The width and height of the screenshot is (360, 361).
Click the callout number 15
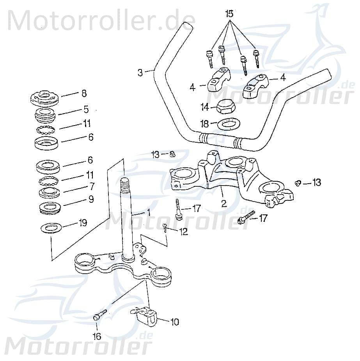[x=229, y=14]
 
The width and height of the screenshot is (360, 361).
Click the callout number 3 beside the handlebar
[x=140, y=72]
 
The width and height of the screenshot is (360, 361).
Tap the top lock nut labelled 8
[x=45, y=97]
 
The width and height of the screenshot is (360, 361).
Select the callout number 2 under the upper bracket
[x=224, y=203]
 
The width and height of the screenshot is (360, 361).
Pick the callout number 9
[x=91, y=199]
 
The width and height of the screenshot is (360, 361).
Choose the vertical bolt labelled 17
[x=178, y=209]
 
